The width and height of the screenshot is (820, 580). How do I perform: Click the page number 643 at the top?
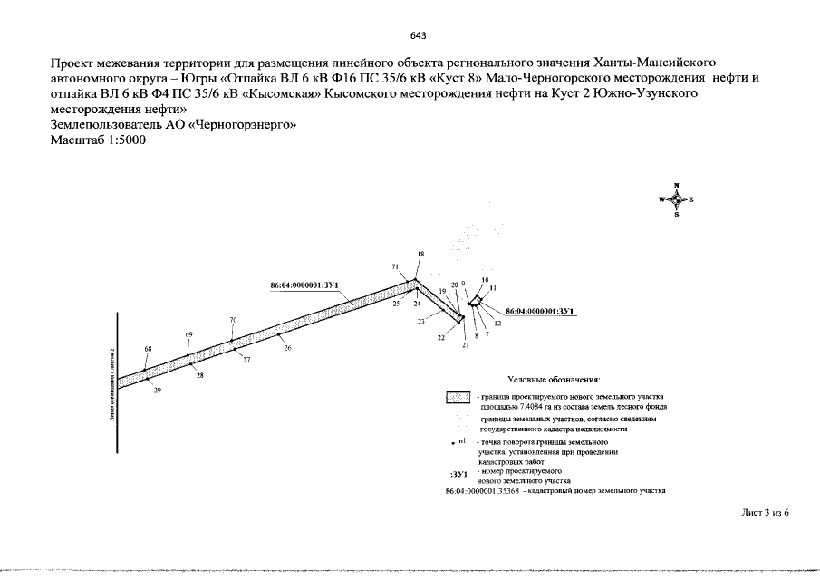[418, 35]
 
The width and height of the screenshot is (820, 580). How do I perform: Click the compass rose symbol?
[676, 199]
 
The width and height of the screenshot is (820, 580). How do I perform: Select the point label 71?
[395, 266]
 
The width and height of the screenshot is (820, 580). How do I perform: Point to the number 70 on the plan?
[233, 320]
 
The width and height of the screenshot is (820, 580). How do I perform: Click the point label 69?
[189, 334]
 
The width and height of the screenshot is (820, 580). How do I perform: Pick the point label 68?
[149, 349]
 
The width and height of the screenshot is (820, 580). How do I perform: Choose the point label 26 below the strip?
[287, 348]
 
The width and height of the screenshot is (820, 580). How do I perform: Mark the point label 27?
[246, 361]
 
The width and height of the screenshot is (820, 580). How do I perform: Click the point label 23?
[421, 322]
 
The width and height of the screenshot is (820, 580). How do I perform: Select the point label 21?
[465, 345]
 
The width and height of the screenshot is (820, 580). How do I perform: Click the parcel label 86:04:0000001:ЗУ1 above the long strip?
[304, 285]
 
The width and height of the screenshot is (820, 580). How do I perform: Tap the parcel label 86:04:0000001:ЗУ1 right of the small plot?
[542, 311]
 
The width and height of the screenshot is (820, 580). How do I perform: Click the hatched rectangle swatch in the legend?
[458, 398]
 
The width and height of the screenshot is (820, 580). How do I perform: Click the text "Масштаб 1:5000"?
[99, 140]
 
